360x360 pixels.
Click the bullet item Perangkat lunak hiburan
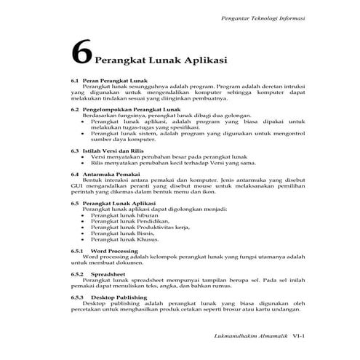click(123, 215)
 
